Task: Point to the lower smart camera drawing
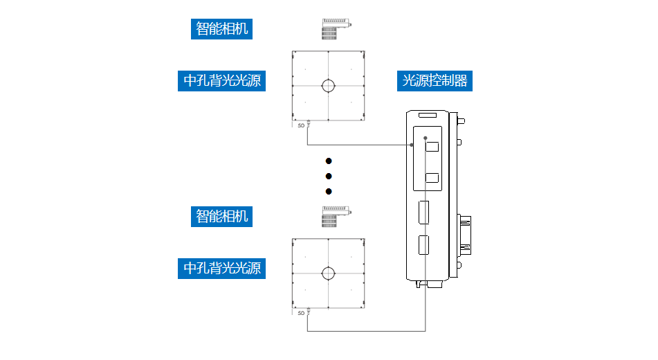[336, 216]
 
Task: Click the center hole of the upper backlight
[328, 86]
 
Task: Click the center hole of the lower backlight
[328, 273]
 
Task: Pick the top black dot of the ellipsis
[329, 161]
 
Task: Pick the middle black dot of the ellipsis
[329, 176]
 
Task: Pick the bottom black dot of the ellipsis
[329, 191]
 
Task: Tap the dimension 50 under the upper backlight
[301, 126]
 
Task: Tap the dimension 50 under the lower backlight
[301, 313]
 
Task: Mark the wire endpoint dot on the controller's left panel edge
[412, 145]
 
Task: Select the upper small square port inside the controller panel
[432, 147]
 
